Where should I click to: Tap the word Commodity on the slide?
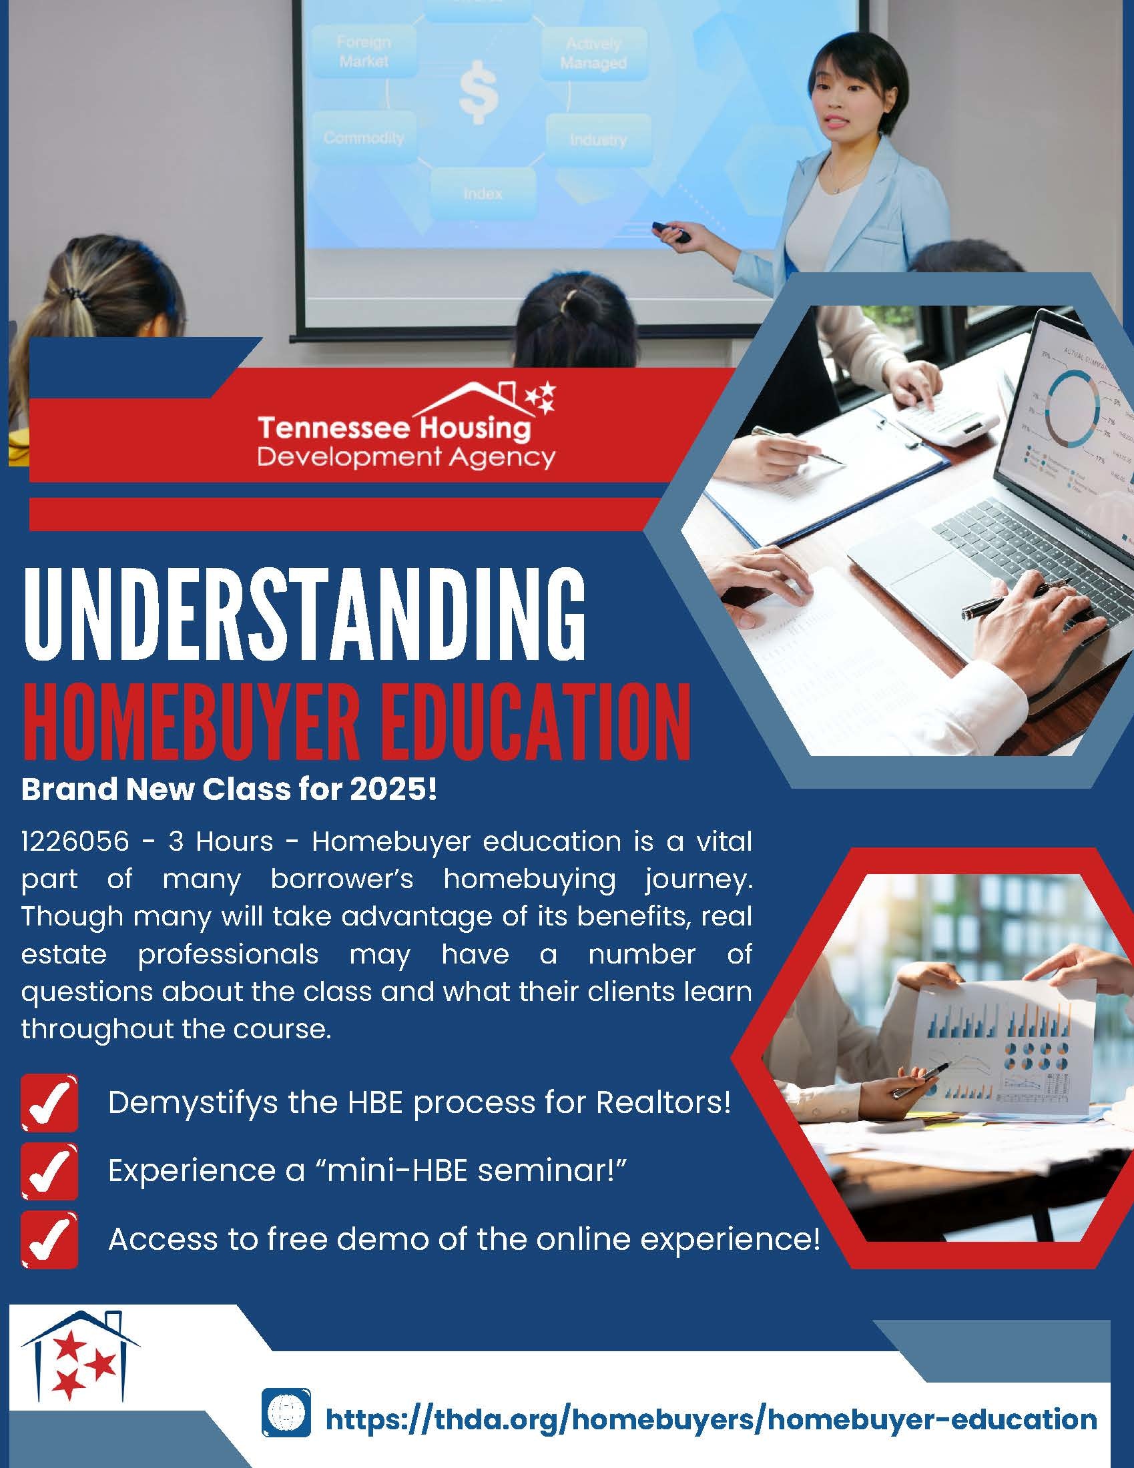[364, 138]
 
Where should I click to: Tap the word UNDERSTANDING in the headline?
[304, 615]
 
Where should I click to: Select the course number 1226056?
[75, 841]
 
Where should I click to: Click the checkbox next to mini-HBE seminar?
[50, 1172]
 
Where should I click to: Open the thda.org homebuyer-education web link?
[712, 1378]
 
